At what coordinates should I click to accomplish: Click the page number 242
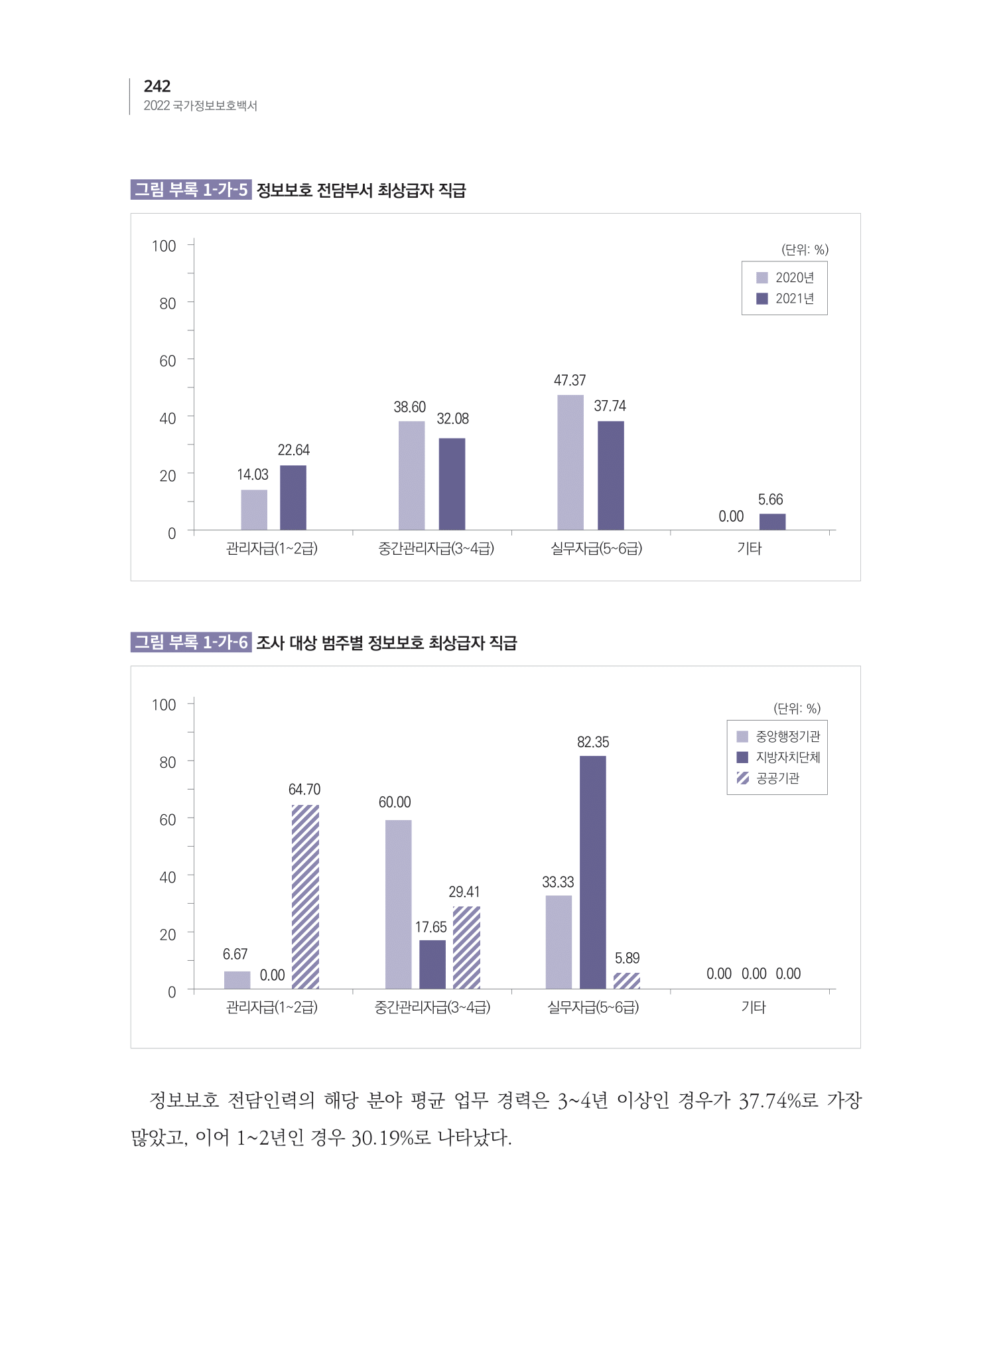157,86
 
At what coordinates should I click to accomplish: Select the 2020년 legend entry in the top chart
785,277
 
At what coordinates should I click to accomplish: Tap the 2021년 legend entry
785,299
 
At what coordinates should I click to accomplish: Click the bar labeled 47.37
570,462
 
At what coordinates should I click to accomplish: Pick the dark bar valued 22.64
293,497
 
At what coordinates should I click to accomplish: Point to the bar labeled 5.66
772,522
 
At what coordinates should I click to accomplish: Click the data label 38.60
409,407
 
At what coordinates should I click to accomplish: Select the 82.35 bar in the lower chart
592,872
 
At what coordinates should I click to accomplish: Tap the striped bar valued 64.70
305,896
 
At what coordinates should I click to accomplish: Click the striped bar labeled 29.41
466,947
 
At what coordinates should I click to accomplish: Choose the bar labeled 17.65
432,964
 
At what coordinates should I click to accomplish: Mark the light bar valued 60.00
398,904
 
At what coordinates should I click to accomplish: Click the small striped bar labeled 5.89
626,980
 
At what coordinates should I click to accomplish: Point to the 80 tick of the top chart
168,303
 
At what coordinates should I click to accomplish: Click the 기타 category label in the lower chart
753,1007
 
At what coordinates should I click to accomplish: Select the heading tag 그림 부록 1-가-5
191,190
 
